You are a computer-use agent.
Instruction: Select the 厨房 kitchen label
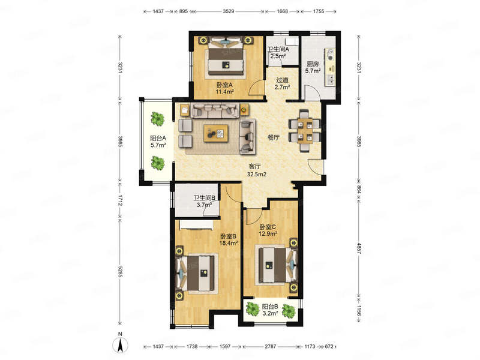point(313,64)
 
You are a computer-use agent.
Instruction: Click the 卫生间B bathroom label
point(205,198)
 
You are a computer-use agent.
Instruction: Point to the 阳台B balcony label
point(270,307)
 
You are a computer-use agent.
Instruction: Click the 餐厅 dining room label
point(274,137)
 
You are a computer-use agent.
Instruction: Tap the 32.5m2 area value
point(257,175)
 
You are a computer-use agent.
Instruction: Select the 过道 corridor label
point(282,80)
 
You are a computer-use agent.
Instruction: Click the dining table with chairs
point(305,131)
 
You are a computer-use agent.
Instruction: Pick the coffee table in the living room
point(216,133)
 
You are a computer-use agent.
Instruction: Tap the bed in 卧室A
point(226,56)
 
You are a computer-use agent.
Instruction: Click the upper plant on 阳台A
point(157,118)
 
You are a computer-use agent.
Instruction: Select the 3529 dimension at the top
point(229,11)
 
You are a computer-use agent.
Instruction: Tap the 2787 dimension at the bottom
point(271,347)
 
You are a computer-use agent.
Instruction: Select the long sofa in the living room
point(215,110)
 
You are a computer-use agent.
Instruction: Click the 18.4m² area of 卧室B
point(229,244)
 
